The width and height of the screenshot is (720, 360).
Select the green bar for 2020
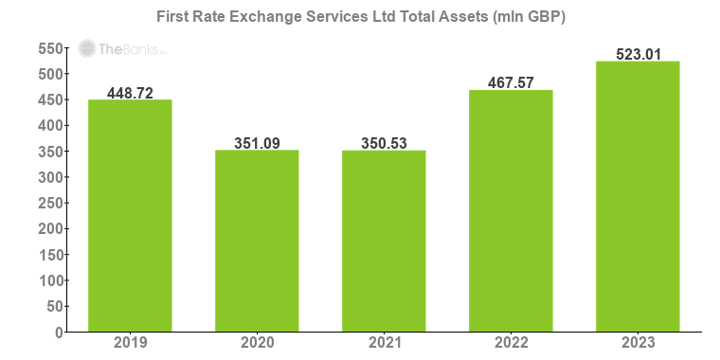pyautogui.click(x=257, y=241)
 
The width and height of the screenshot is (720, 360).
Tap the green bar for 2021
pyautogui.click(x=384, y=241)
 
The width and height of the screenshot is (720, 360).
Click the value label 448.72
pyautogui.click(x=130, y=92)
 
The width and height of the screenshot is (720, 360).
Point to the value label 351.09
pyautogui.click(x=257, y=143)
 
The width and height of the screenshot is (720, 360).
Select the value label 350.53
pyautogui.click(x=384, y=143)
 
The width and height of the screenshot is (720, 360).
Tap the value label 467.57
pyautogui.click(x=511, y=82)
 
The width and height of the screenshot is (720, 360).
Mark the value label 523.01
pyautogui.click(x=638, y=54)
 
